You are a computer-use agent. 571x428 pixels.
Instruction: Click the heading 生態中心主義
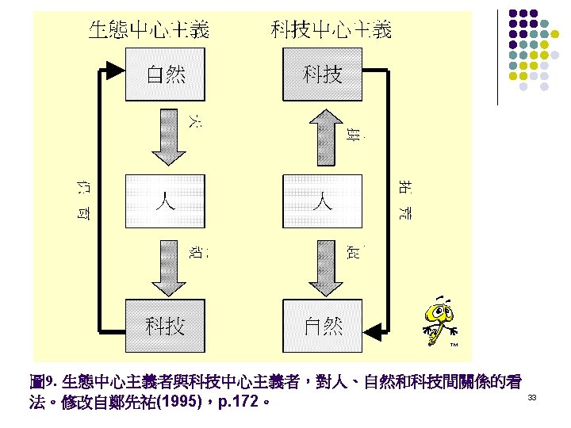[149, 31]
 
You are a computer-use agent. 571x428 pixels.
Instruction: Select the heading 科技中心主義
[331, 31]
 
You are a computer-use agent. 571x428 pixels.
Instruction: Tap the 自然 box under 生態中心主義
[165, 74]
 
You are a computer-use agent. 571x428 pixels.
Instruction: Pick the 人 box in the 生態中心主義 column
[165, 201]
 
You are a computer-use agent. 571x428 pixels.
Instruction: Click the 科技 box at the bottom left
[165, 325]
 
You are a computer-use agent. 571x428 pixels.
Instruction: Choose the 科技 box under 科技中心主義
[323, 74]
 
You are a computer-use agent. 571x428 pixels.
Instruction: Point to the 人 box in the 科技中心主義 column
[323, 201]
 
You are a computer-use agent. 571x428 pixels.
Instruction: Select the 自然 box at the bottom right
[323, 325]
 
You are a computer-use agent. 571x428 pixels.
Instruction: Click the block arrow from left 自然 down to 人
[166, 136]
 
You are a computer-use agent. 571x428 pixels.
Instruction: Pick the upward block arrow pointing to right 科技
[323, 136]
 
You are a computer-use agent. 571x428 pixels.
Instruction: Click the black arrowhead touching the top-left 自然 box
[117, 71]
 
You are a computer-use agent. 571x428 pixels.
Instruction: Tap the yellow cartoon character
[439, 317]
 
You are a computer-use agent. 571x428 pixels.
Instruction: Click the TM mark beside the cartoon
[455, 345]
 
